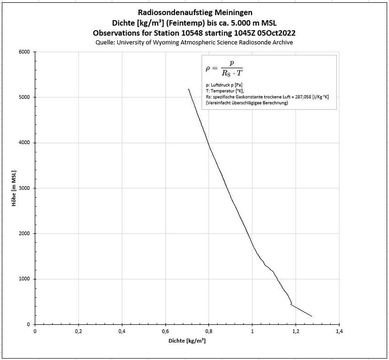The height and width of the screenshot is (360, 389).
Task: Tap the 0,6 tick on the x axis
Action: click(166, 331)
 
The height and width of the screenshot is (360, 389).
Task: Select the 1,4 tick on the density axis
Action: click(339, 331)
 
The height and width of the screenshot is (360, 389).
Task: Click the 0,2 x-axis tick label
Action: click(79, 331)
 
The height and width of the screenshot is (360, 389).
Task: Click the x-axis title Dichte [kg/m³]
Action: click(187, 341)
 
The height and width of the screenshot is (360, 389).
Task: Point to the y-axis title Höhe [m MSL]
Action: click(15, 188)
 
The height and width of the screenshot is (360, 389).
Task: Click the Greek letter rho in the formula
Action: click(209, 68)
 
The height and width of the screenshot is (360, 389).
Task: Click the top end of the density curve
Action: click(189, 89)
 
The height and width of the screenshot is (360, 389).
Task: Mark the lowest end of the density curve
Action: click(312, 316)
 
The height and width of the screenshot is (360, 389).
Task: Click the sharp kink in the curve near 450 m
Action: click(291, 304)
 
